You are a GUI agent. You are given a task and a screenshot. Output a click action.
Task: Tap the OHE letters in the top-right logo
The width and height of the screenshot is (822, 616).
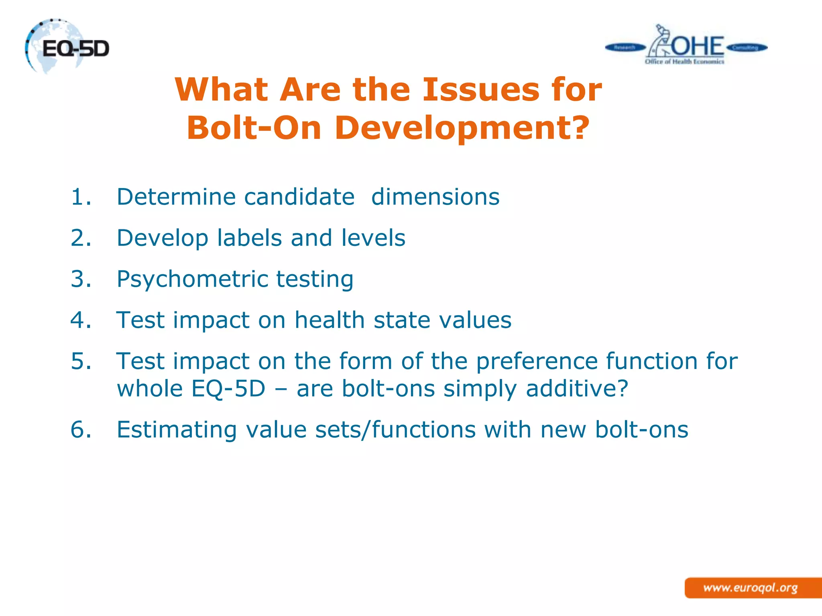pyautogui.click(x=698, y=46)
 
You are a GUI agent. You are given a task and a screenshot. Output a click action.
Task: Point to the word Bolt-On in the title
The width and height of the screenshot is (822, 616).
pyautogui.click(x=254, y=128)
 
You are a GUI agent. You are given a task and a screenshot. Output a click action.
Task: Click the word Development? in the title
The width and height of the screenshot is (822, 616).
pyautogui.click(x=462, y=128)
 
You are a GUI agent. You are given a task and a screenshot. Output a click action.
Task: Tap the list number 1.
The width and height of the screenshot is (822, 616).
pyautogui.click(x=81, y=197)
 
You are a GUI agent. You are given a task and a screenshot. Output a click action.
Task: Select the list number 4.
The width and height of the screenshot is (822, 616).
pyautogui.click(x=81, y=320)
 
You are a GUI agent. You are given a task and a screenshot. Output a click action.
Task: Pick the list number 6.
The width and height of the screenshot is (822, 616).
pyautogui.click(x=81, y=430)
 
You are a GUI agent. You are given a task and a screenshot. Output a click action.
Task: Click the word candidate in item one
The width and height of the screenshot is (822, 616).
pyautogui.click(x=299, y=197)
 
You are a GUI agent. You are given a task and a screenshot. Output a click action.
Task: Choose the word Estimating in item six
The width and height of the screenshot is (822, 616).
pyautogui.click(x=177, y=430)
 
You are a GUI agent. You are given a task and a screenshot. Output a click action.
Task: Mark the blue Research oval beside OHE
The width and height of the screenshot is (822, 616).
pyautogui.click(x=625, y=48)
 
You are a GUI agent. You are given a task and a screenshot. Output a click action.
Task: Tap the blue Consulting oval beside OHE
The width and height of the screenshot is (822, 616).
pyautogui.click(x=746, y=48)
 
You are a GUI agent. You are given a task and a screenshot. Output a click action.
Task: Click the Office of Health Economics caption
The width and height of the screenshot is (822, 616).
pyautogui.click(x=684, y=62)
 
